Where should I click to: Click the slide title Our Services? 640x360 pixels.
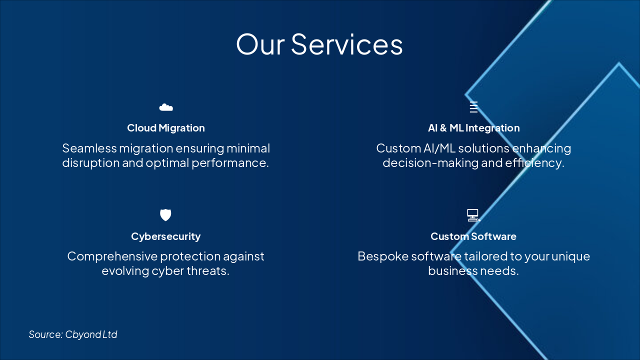(319, 44)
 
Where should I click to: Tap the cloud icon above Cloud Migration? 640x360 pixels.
(166, 107)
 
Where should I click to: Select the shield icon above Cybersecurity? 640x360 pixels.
(165, 215)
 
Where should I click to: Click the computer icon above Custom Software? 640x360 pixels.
(473, 215)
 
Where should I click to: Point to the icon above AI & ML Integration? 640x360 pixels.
(473, 107)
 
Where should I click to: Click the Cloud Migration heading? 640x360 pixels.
(166, 128)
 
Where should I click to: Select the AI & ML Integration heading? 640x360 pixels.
(473, 128)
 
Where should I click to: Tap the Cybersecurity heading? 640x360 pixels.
(166, 236)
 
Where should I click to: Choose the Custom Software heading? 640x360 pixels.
(473, 236)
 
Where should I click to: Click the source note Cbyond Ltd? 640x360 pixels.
(73, 334)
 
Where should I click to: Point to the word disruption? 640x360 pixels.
(90, 163)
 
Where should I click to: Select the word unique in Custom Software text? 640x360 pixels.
(570, 256)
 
